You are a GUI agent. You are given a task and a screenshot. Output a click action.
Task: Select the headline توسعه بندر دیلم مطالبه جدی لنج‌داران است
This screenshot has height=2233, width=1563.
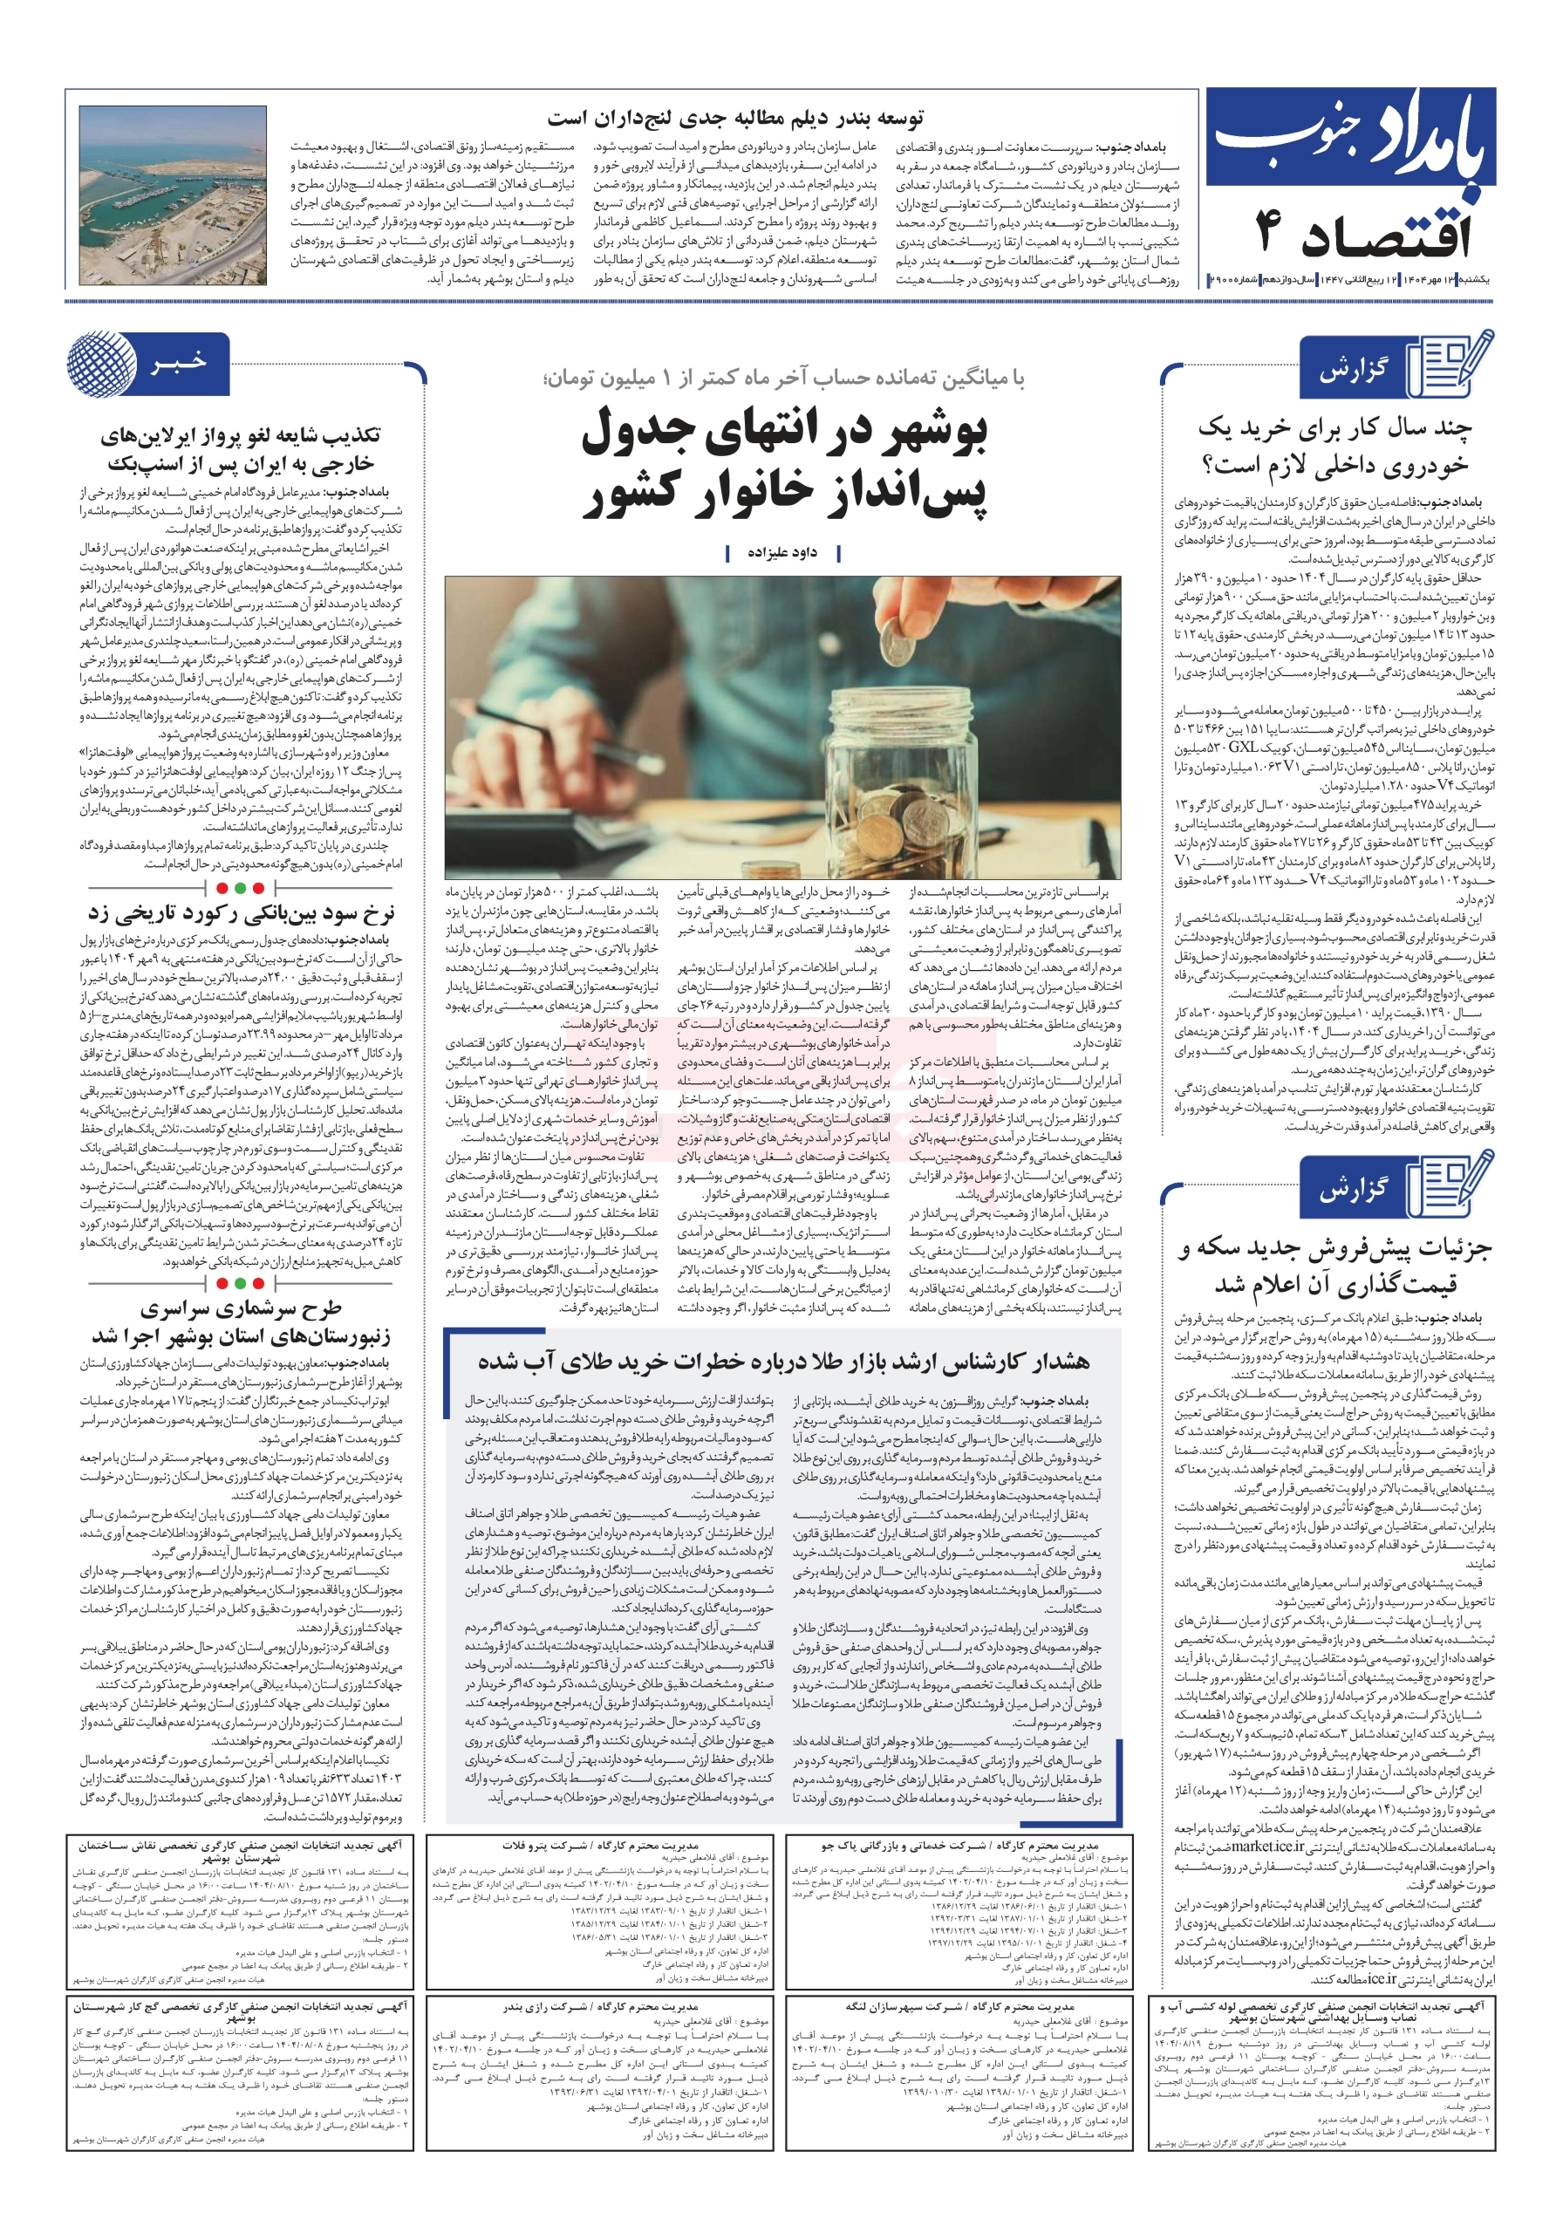tap(735, 119)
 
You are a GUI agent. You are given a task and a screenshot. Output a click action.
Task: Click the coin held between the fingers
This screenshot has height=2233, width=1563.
tap(894, 644)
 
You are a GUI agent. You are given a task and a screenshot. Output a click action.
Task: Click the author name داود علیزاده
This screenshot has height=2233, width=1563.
tap(783, 552)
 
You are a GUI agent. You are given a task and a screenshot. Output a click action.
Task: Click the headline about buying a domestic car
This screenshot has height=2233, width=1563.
tap(1334, 447)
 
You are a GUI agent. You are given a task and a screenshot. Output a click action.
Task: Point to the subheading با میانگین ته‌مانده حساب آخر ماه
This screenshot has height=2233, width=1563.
tap(783, 379)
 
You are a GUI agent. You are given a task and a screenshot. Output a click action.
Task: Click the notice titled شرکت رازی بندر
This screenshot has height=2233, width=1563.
tap(600, 2005)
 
